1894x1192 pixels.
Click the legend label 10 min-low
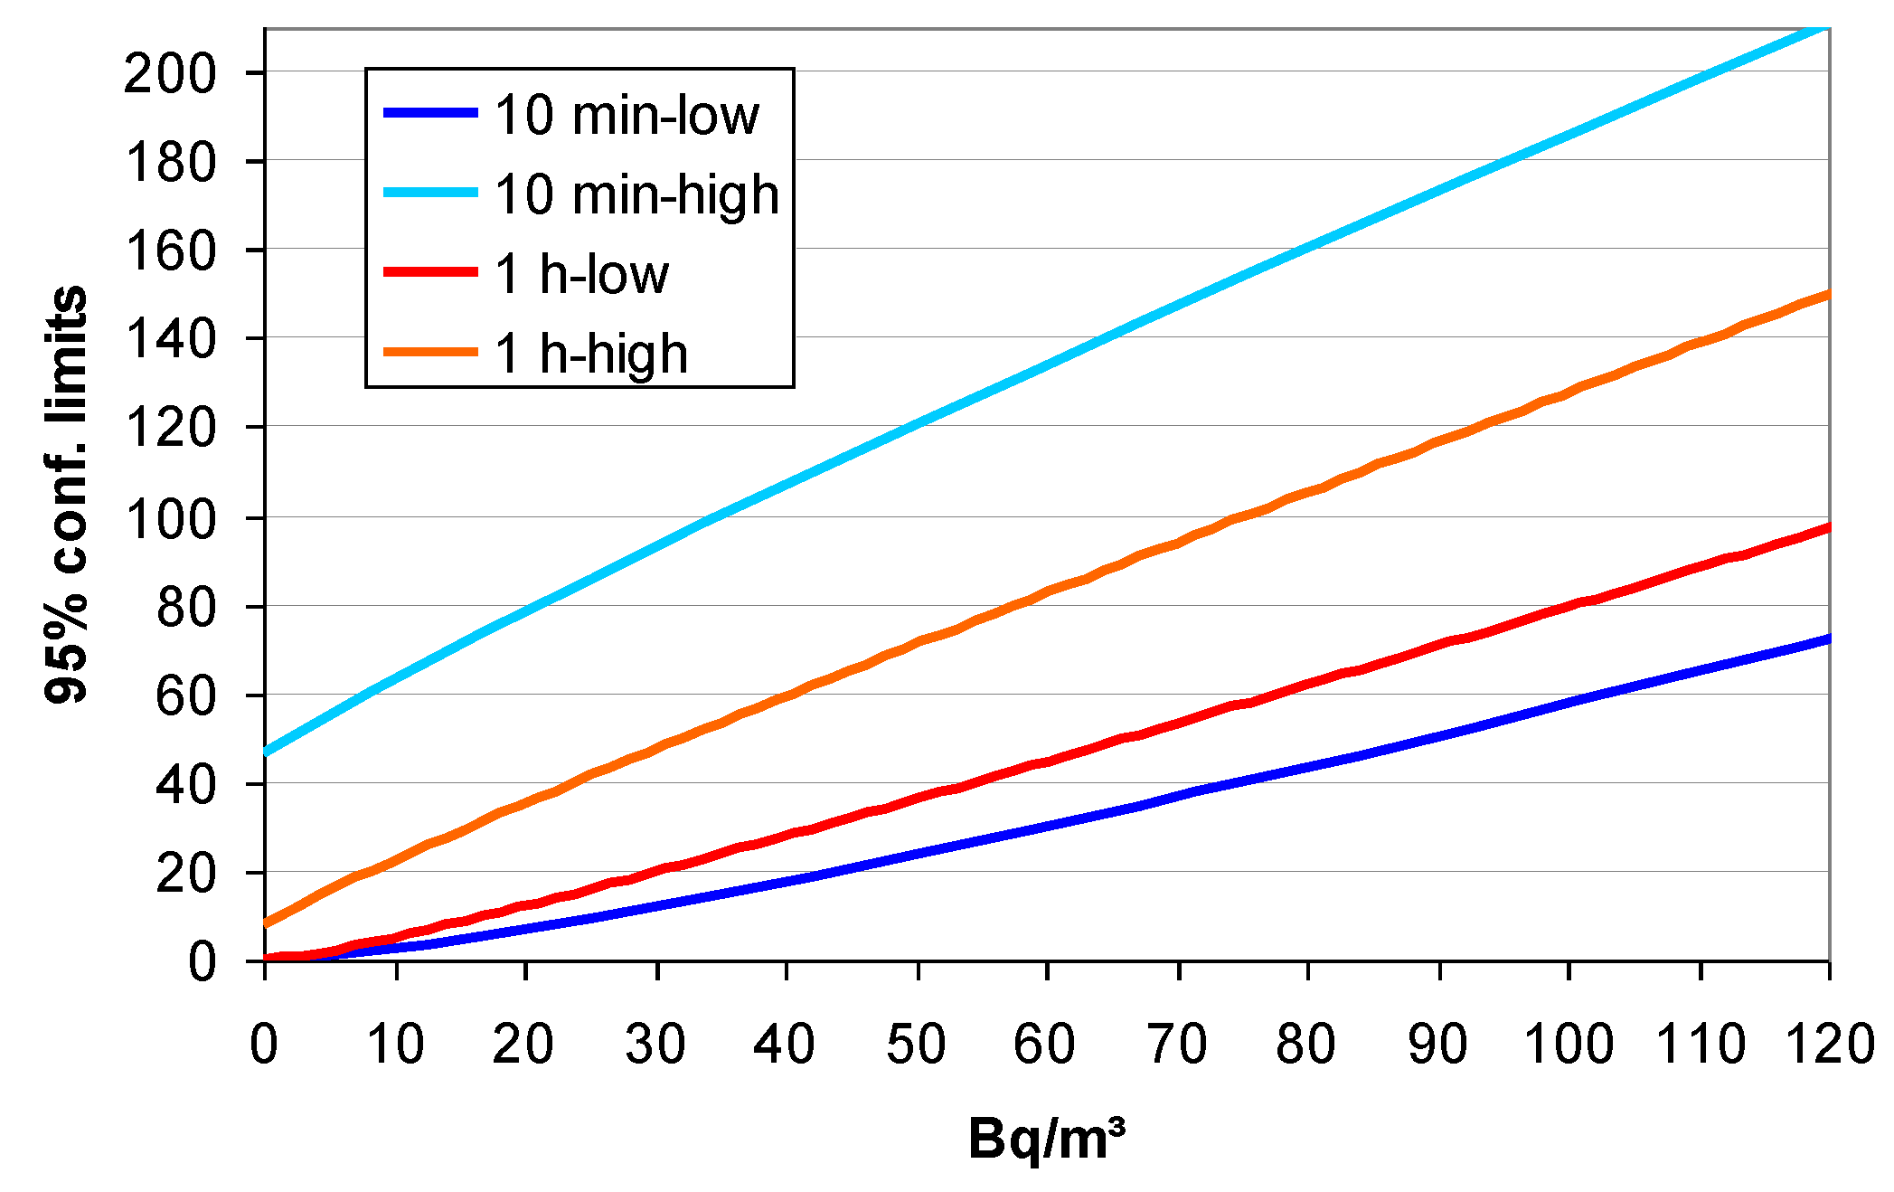pyautogui.click(x=627, y=116)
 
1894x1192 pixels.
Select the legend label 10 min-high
pyautogui.click(x=636, y=195)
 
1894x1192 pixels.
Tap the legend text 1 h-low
pyautogui.click(x=581, y=274)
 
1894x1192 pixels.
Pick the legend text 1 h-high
pyautogui.click(x=591, y=354)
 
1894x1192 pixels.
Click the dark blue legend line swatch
pyautogui.click(x=430, y=113)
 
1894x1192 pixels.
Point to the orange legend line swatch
pyautogui.click(x=430, y=352)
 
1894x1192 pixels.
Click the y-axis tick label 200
pyautogui.click(x=170, y=73)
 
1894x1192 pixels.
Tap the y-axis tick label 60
pyautogui.click(x=186, y=696)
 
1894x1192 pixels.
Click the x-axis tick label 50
pyautogui.click(x=916, y=1044)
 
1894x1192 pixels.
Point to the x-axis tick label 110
pyautogui.click(x=1700, y=1044)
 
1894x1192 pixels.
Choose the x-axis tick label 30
pyautogui.click(x=655, y=1044)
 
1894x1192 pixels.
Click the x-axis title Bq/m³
pyautogui.click(x=1046, y=1138)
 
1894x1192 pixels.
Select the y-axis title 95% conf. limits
pyautogui.click(x=66, y=494)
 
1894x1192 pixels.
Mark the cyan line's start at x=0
pyautogui.click(x=266, y=752)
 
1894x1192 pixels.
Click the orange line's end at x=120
pyautogui.click(x=1828, y=294)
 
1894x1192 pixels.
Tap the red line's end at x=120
pyautogui.click(x=1828, y=527)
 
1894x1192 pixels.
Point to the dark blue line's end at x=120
pyautogui.click(x=1828, y=639)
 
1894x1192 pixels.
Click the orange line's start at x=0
pyautogui.click(x=266, y=923)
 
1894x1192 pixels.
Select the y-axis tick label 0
pyautogui.click(x=203, y=960)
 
